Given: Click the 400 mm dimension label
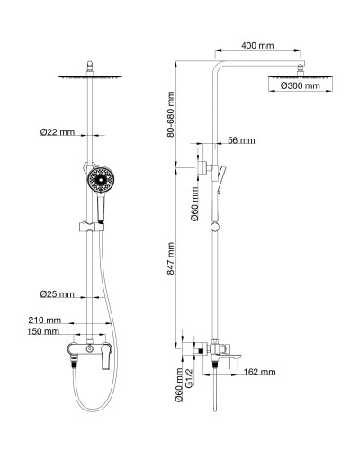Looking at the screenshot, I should (x=258, y=44).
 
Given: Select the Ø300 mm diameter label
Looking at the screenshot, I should (x=301, y=85).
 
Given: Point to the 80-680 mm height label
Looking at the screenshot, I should (x=171, y=112).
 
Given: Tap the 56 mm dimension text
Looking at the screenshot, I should (x=241, y=141).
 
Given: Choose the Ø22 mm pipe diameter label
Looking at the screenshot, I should (x=58, y=133).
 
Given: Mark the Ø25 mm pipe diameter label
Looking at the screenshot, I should (x=58, y=293).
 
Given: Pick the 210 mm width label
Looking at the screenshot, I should (x=44, y=319).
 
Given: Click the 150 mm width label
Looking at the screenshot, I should (x=44, y=332).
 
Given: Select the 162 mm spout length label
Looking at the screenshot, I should (x=259, y=372).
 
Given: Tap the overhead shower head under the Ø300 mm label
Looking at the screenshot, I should (x=301, y=79).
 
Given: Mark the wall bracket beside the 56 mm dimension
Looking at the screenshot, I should (x=204, y=166).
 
